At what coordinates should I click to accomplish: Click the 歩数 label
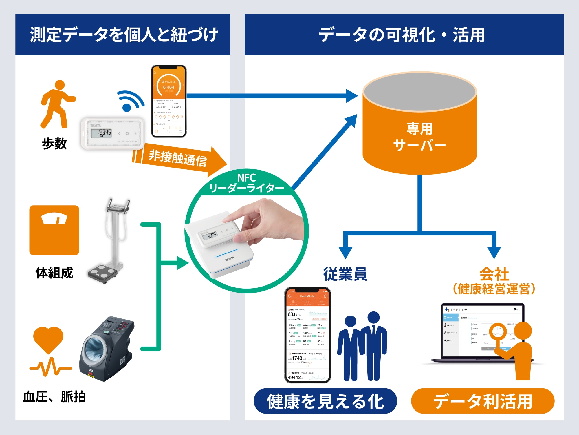(54, 144)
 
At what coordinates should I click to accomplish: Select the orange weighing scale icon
(54, 230)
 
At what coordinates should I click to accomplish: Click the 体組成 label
(54, 273)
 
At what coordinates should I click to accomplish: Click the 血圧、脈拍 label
(54, 397)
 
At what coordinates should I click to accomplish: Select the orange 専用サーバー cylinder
(419, 136)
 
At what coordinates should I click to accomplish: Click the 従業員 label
(345, 274)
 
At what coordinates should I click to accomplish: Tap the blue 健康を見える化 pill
(325, 401)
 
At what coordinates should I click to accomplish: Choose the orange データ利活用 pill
(483, 401)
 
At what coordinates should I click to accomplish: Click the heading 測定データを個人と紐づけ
(124, 35)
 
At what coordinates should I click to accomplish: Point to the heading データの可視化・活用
(402, 35)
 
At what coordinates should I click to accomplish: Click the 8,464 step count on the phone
(168, 87)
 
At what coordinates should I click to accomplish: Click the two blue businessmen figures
(362, 347)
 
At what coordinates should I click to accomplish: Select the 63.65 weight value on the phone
(293, 314)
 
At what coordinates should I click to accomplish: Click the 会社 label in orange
(494, 273)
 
